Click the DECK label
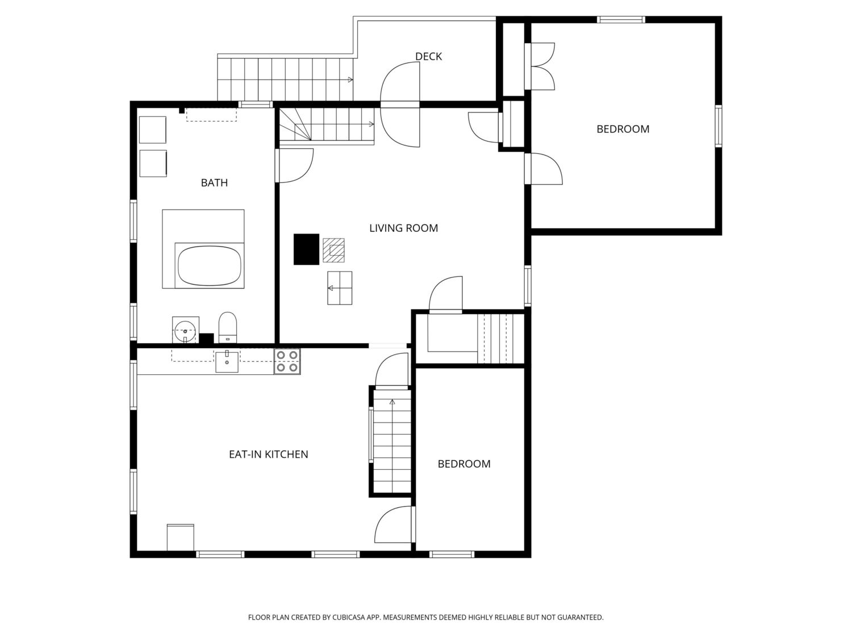click(x=428, y=57)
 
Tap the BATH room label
click(x=214, y=183)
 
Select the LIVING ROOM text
click(x=404, y=228)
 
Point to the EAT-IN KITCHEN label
click(x=269, y=454)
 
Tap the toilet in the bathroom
click(x=227, y=328)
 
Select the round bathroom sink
click(x=185, y=331)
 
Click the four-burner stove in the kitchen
click(x=287, y=361)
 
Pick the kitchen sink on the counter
click(x=227, y=361)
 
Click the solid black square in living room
click(x=306, y=249)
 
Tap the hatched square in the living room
click(x=333, y=250)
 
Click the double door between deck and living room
click(x=400, y=105)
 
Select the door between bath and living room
click(x=294, y=166)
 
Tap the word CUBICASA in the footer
click(x=349, y=617)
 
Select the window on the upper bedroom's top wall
click(x=621, y=20)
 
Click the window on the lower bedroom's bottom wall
click(x=452, y=554)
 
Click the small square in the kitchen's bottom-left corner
click(x=181, y=537)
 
